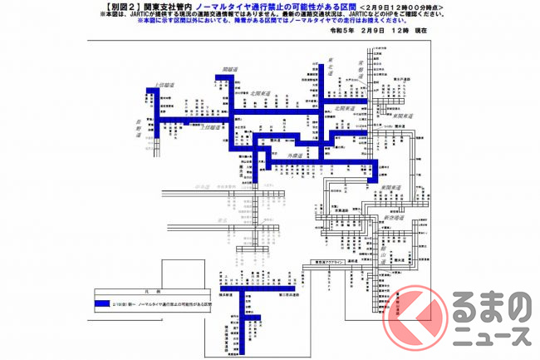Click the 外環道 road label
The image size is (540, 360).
pyautogui.click(x=297, y=155)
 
